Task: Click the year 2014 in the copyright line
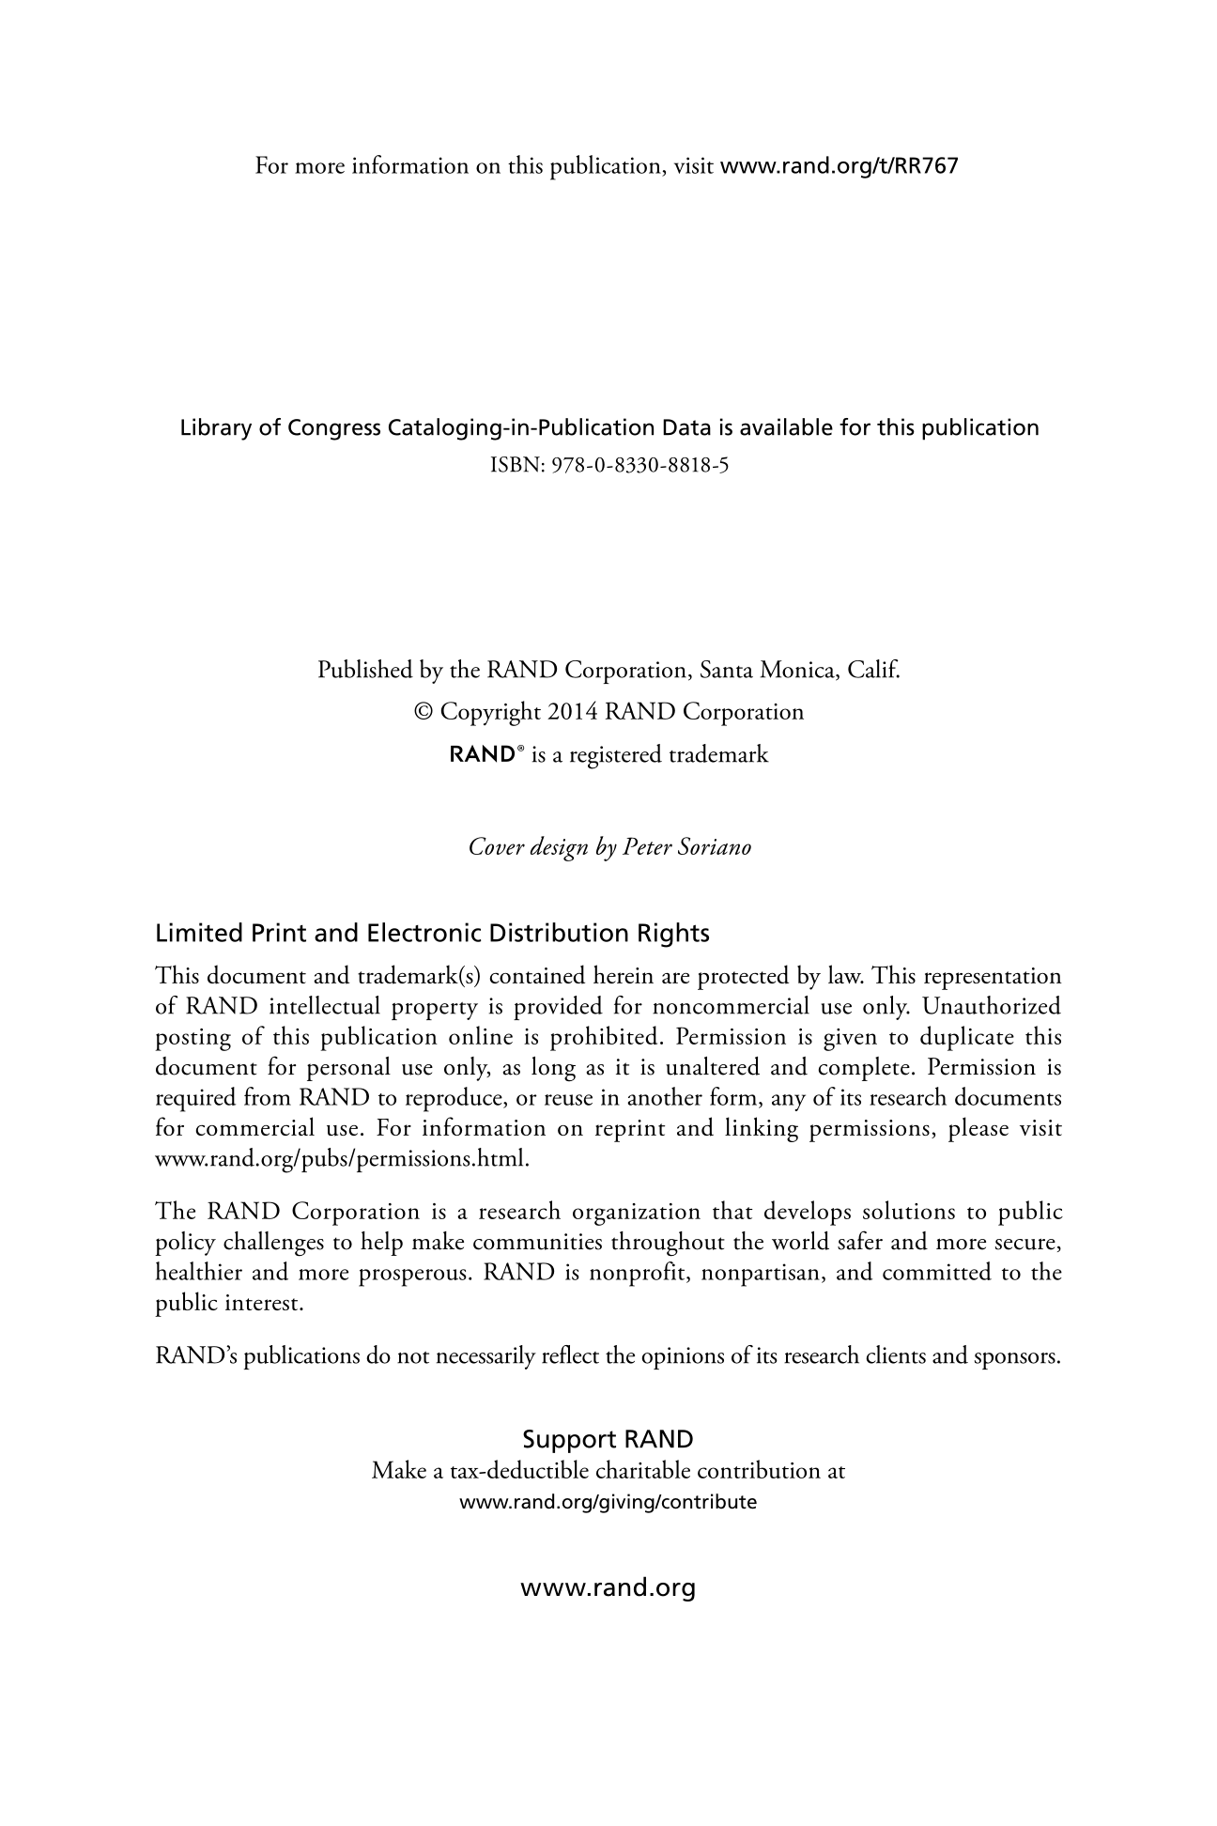tap(573, 712)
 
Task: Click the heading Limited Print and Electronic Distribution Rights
tap(432, 934)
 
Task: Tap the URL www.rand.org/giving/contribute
tap(608, 1501)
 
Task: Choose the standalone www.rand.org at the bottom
tap(608, 1588)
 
